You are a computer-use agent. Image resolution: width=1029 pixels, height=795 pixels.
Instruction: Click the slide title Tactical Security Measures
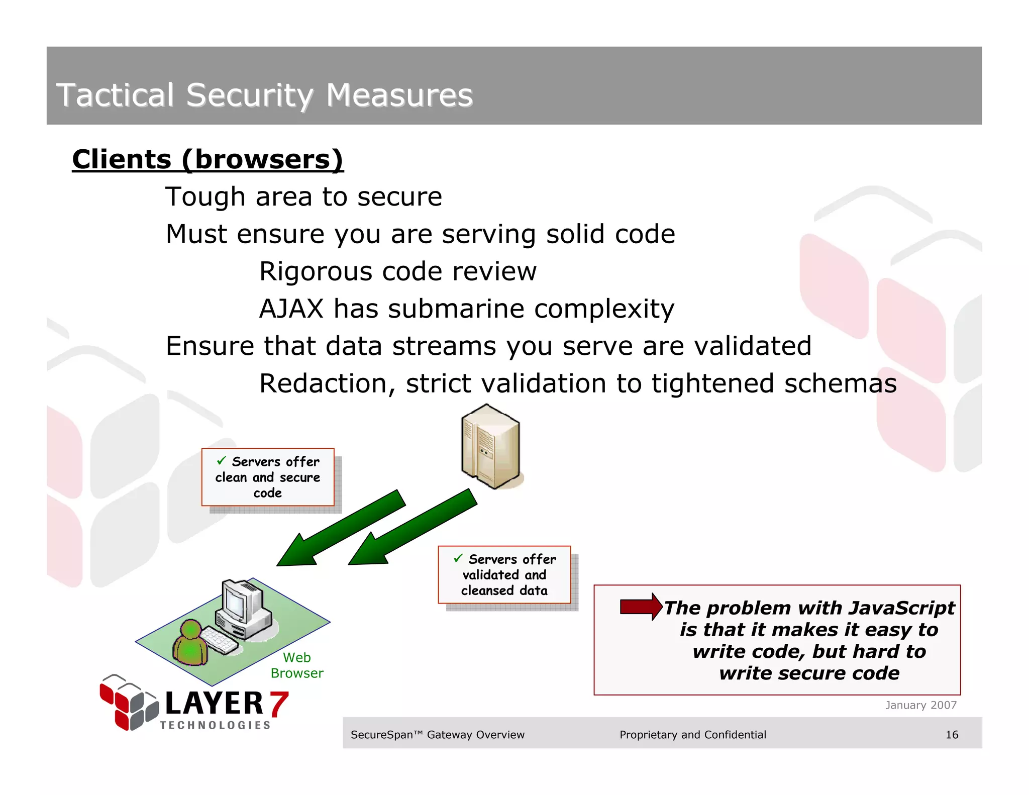pos(264,95)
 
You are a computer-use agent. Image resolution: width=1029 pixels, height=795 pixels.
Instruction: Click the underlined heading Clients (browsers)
pos(208,159)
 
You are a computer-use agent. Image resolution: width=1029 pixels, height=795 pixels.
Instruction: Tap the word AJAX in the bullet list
pos(291,309)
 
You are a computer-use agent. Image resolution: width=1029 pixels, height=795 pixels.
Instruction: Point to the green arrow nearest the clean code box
pos(342,528)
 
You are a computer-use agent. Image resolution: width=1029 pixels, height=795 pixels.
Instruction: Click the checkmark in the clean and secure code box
pos(222,460)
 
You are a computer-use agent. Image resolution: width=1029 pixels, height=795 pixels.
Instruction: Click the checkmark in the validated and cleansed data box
pos(458,558)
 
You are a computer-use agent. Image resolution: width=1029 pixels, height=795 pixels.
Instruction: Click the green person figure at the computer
pos(190,643)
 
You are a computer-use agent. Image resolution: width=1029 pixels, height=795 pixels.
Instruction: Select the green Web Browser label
pos(297,665)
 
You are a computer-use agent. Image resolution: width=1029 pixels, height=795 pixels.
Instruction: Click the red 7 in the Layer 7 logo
pos(279,704)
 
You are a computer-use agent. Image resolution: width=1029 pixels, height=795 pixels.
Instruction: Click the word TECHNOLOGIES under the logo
pos(215,725)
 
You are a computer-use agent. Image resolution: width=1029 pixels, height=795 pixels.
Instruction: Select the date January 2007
pos(920,705)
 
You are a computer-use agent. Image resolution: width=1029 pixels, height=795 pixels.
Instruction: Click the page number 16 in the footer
pos(952,735)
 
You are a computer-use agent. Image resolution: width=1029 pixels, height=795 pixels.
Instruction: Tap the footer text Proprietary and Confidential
pos(692,735)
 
